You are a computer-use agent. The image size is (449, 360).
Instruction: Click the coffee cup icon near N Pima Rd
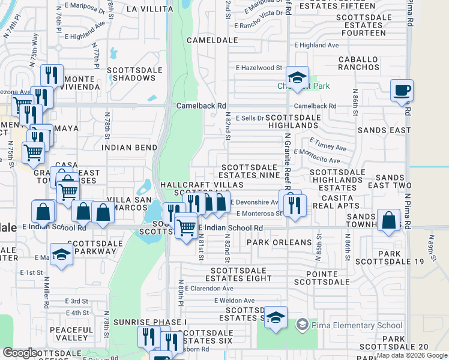[402, 91]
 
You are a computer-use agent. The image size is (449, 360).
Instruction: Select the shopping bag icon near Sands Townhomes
[389, 220]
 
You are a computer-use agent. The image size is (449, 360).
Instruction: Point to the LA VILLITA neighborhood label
[149, 9]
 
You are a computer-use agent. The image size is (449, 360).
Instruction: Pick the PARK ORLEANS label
[279, 243]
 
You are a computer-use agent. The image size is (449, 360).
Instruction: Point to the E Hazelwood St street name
[259, 68]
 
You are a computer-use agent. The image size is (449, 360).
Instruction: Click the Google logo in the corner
[20, 353]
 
